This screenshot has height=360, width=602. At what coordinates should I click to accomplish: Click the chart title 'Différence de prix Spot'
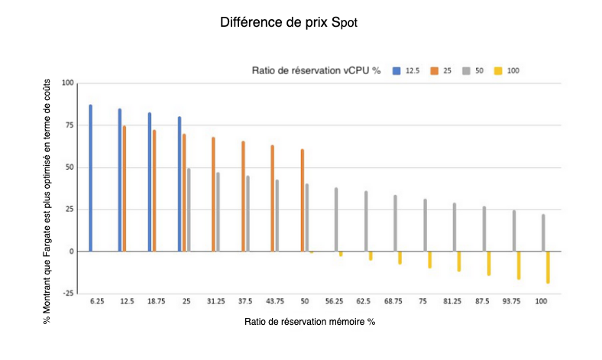(x=289, y=23)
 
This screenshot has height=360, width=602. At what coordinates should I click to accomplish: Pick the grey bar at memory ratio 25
(x=189, y=210)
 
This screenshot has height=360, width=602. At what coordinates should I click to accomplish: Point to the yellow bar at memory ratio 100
(x=548, y=268)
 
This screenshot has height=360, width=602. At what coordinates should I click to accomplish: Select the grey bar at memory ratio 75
(x=425, y=225)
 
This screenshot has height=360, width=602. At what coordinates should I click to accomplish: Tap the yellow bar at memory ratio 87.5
(x=488, y=264)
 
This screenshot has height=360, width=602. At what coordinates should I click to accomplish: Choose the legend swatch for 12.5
(x=396, y=71)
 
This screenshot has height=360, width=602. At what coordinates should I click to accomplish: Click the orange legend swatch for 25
(x=433, y=71)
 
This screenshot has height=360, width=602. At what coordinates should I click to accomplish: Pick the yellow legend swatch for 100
(x=497, y=71)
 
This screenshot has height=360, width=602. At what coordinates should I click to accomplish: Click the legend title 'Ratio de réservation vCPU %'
(x=317, y=71)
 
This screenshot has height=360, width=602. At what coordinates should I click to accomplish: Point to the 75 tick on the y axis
(x=67, y=125)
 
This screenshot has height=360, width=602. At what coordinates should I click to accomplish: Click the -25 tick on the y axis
(x=66, y=294)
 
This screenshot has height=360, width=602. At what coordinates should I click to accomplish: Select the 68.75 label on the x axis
(x=393, y=302)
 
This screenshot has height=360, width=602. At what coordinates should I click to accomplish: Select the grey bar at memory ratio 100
(x=543, y=233)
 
